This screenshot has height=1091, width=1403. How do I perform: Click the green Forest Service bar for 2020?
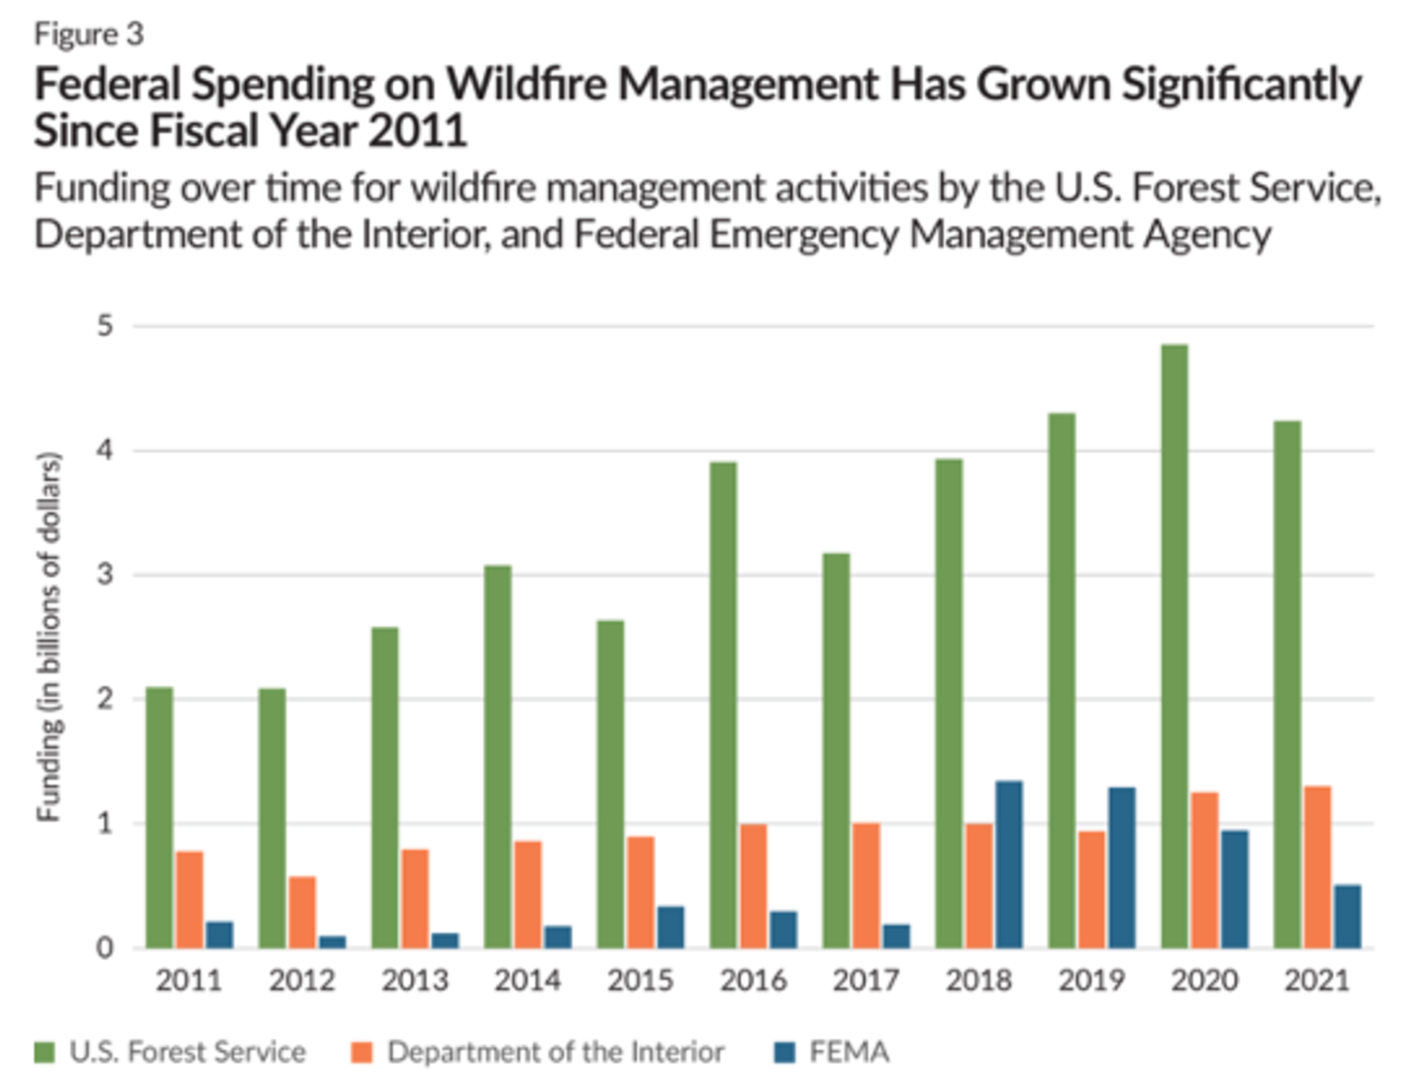pyautogui.click(x=1174, y=647)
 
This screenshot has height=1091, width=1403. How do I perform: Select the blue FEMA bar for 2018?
pyautogui.click(x=1009, y=865)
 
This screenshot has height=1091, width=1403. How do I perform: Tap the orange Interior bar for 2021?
pyautogui.click(x=1317, y=867)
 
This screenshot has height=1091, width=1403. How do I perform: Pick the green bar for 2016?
pyautogui.click(x=723, y=705)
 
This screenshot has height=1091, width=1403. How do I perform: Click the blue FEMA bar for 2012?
pyautogui.click(x=332, y=942)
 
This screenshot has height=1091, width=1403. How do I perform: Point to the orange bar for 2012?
pyautogui.click(x=303, y=912)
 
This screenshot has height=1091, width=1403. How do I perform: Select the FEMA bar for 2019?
pyautogui.click(x=1122, y=868)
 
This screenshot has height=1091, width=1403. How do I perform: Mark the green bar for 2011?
pyautogui.click(x=159, y=818)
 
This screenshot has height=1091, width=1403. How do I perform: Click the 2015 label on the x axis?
pyautogui.click(x=640, y=980)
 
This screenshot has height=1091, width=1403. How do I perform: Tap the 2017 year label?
pyautogui.click(x=866, y=980)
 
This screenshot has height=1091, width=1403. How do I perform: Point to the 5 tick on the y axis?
pyautogui.click(x=106, y=326)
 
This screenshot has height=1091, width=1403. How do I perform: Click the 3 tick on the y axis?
pyautogui.click(x=106, y=574)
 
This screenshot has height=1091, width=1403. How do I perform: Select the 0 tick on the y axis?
pyautogui.click(x=106, y=949)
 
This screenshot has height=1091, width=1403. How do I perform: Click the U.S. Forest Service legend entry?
pyautogui.click(x=187, y=1052)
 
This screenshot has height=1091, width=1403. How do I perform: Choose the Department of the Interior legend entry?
pyautogui.click(x=555, y=1052)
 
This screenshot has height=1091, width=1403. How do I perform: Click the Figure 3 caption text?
pyautogui.click(x=89, y=34)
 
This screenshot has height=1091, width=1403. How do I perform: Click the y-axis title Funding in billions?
pyautogui.click(x=49, y=636)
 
